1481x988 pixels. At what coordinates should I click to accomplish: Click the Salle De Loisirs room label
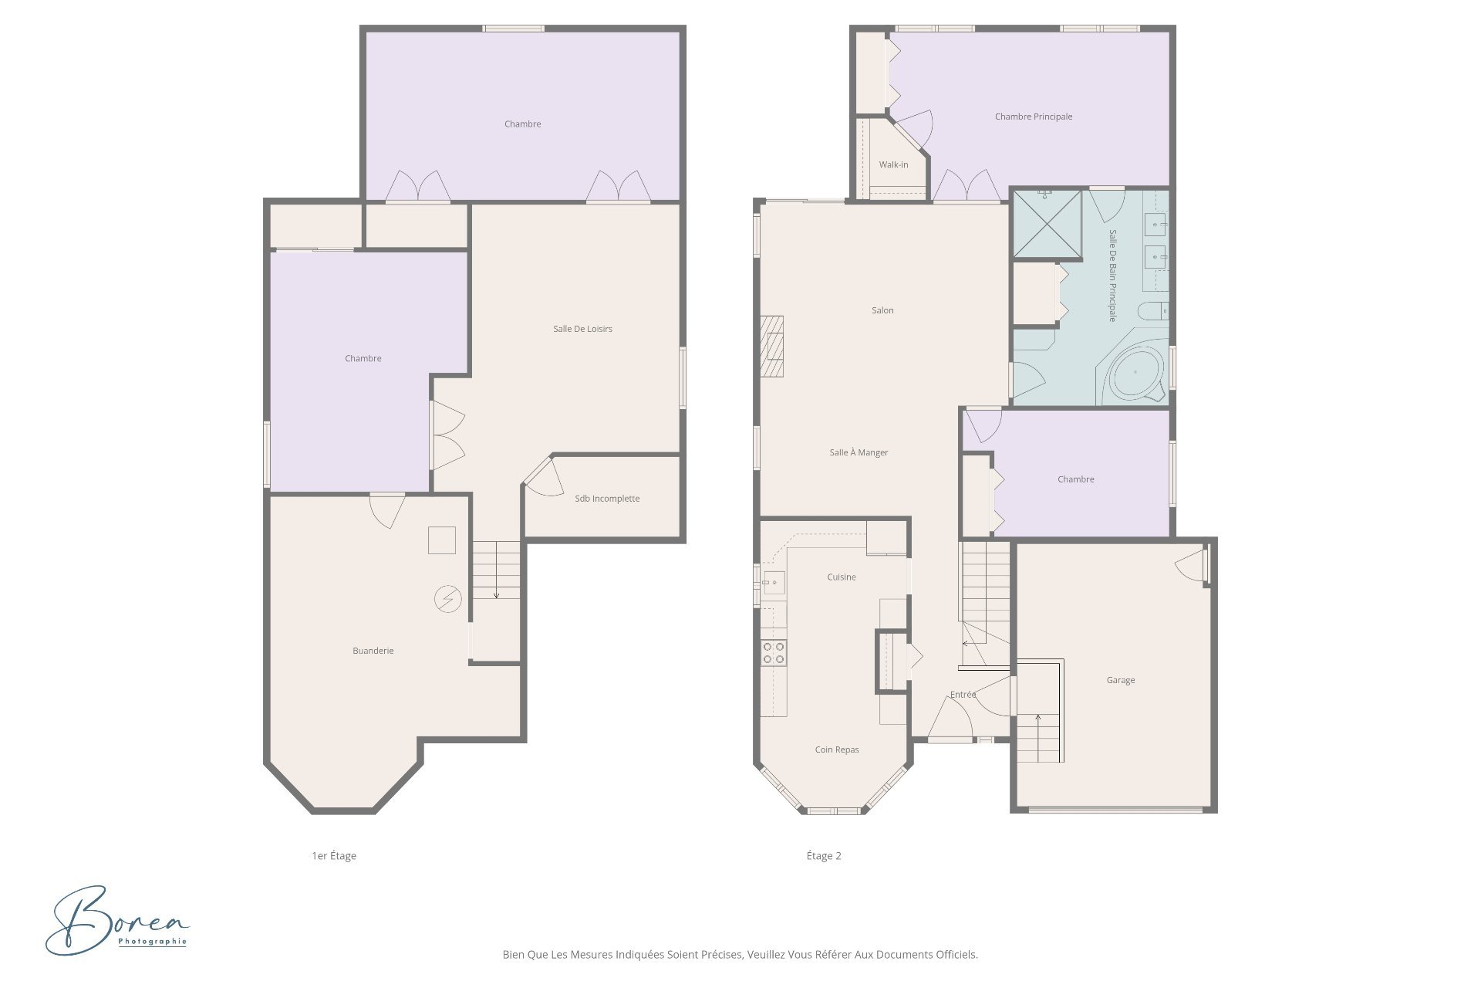582,329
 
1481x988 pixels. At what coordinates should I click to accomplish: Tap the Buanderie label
373,651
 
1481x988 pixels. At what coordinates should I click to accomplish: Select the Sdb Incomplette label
607,499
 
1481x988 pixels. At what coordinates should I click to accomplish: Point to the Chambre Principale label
1033,117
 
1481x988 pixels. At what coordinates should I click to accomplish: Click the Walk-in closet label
893,164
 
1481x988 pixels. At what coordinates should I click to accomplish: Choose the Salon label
882,310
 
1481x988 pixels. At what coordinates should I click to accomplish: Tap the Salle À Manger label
859,452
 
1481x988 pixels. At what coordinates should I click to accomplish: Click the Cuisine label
841,577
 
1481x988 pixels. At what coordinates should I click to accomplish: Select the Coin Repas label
836,749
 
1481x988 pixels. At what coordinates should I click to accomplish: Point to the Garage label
1120,680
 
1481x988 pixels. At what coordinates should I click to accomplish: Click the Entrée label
963,695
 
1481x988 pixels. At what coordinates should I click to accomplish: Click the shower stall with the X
1047,224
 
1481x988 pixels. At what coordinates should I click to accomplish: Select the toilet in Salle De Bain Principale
1153,311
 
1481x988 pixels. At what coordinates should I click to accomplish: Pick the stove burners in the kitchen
774,653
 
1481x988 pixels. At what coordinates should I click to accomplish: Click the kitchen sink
773,583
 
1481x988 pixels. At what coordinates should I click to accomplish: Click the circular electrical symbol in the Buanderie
447,599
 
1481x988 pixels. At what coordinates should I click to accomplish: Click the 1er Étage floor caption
334,855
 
